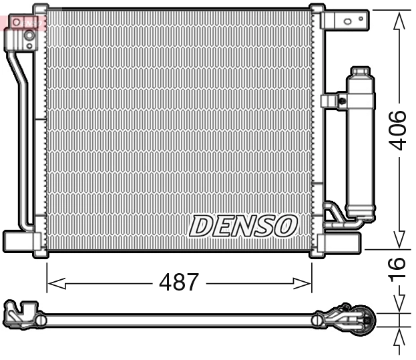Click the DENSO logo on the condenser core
point(242,226)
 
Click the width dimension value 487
point(178,283)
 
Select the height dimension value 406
point(398,130)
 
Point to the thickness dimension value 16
point(398,266)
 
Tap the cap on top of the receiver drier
point(360,71)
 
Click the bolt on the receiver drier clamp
point(342,102)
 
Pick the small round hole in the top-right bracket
point(346,21)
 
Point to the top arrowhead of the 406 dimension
point(399,17)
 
